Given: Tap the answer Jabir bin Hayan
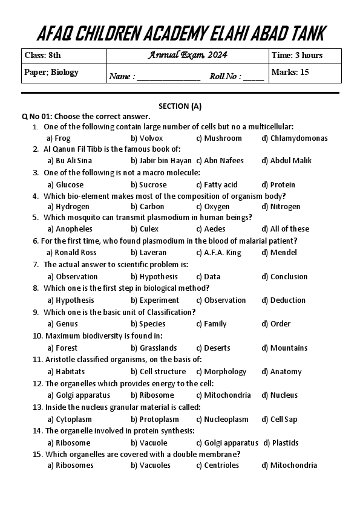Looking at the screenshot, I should pyautogui.click(x=161, y=160).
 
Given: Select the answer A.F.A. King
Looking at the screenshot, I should pyautogui.click(x=223, y=252).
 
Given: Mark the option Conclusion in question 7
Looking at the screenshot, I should pyautogui.click(x=289, y=276).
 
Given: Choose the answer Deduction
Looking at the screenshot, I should pyautogui.click(x=288, y=300).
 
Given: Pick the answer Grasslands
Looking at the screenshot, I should pyautogui.click(x=158, y=348).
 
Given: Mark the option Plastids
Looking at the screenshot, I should pyautogui.click(x=285, y=443).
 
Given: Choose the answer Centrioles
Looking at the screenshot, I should pyautogui.click(x=222, y=465).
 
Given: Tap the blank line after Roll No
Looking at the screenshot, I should pyautogui.click(x=254, y=77).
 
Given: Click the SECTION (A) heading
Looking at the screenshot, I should pyautogui.click(x=180, y=106).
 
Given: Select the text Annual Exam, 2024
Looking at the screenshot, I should pyautogui.click(x=188, y=55).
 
